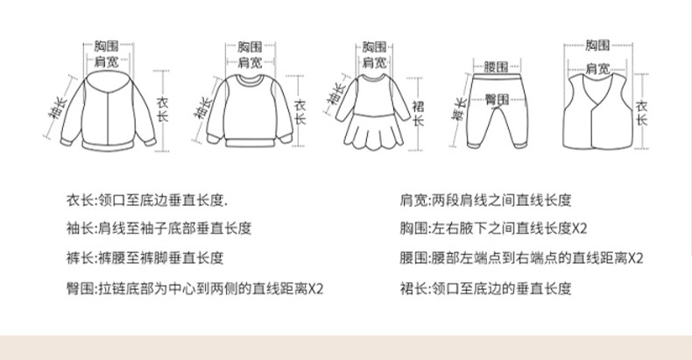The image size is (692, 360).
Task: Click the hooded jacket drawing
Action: point(105,109)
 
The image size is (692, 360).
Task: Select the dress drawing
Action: point(372,109)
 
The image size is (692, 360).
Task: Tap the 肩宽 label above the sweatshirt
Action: point(249,62)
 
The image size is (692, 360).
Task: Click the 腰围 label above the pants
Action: point(496,66)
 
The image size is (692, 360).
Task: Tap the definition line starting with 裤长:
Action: point(145,258)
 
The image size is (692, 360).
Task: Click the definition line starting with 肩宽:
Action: point(486,201)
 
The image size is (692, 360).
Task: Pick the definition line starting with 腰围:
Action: point(522,258)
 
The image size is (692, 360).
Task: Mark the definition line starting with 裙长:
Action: point(486,287)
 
